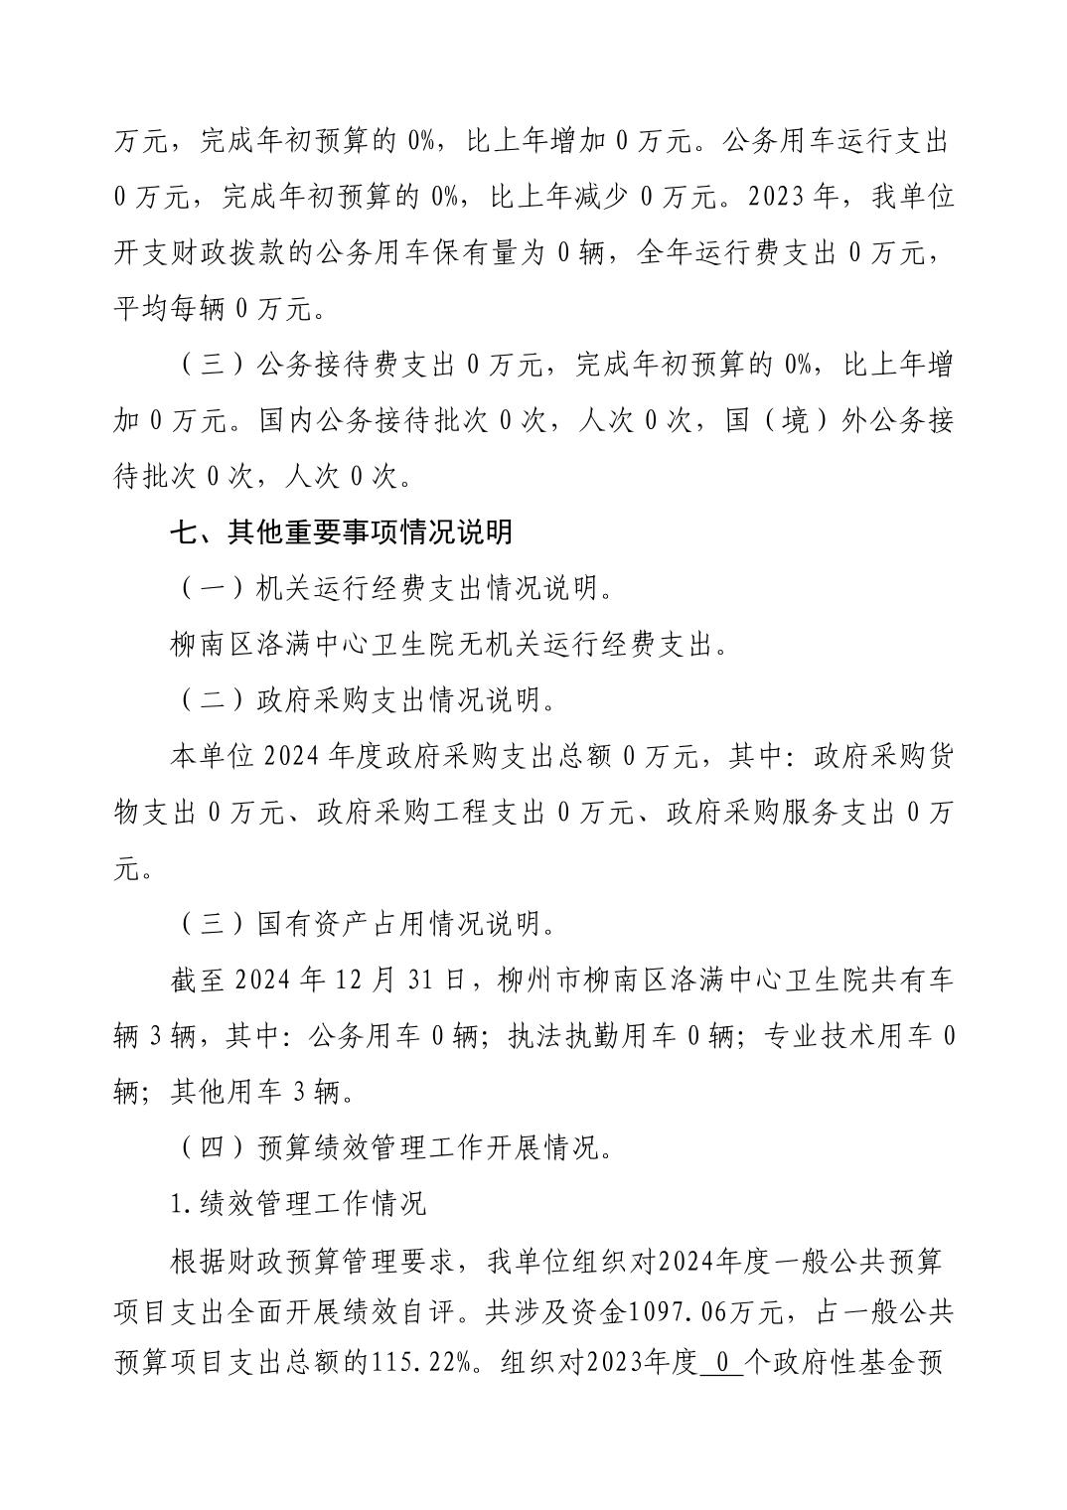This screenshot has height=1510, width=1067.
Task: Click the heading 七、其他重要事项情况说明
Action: [x=341, y=533]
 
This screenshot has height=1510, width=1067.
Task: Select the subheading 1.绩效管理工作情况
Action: [x=298, y=1204]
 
